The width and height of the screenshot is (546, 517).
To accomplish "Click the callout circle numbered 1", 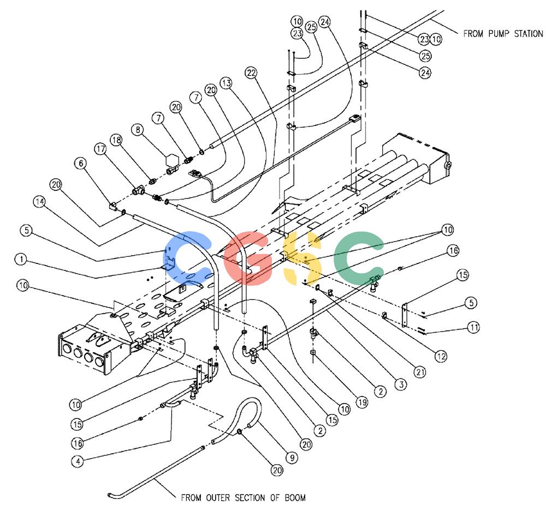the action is [x=21, y=259].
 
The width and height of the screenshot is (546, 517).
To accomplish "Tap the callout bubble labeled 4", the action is [x=78, y=461].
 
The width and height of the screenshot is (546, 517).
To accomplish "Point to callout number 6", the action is [x=81, y=163].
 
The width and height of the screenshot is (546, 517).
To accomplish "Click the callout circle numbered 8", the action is [x=138, y=130].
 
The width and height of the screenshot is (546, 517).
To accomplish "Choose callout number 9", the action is [x=292, y=458].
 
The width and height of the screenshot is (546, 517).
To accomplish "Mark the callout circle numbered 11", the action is [x=473, y=327].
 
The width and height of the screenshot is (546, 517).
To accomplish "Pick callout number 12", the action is [x=441, y=356].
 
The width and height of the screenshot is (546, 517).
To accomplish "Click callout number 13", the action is [x=227, y=83].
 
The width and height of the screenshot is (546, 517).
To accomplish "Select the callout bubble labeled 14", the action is [x=39, y=201].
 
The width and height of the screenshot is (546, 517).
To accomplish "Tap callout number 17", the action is [x=100, y=149].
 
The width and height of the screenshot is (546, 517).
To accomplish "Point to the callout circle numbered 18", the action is [x=116, y=140].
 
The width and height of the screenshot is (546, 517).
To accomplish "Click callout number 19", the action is [x=362, y=402].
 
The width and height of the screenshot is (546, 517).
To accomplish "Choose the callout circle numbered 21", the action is [x=420, y=372].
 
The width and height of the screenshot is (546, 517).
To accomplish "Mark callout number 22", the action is [x=251, y=73].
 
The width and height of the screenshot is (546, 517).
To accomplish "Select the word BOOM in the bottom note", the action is [x=295, y=497].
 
